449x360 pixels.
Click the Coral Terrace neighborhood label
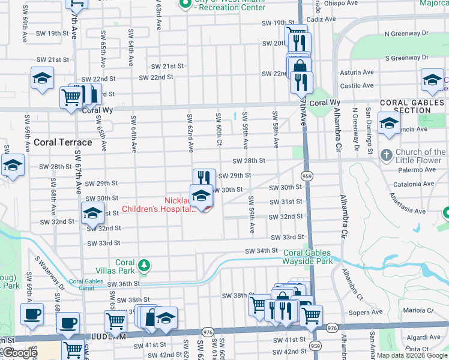[x=62, y=142]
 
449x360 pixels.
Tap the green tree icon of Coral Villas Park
[x=143, y=265]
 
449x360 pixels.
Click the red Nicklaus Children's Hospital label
[x=158, y=205]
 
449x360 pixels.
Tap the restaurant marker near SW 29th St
[x=204, y=178]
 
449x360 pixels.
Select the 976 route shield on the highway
[x=208, y=332]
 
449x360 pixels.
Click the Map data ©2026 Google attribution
[x=411, y=355]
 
